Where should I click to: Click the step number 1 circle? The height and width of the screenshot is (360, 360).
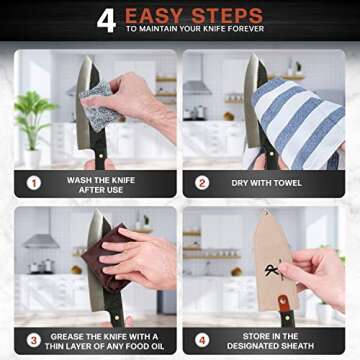[x=33, y=183]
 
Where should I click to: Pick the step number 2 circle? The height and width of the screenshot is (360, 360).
[x=202, y=183]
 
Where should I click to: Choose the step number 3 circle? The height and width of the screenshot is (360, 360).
[x=33, y=338]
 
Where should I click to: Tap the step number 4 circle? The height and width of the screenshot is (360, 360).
[x=202, y=338]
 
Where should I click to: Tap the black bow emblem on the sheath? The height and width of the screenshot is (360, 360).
[x=272, y=270]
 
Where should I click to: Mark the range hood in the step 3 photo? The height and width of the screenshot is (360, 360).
[x=40, y=243]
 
